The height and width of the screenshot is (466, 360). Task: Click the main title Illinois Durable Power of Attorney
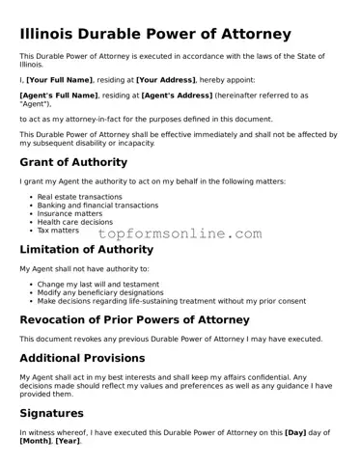154,35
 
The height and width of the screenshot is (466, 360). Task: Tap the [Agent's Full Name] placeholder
59,96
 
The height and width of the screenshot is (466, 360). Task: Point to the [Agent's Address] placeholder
179,96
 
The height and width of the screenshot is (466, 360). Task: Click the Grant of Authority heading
73,162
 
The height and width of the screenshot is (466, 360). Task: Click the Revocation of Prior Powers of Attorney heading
134,319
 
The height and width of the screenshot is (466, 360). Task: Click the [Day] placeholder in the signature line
296,433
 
